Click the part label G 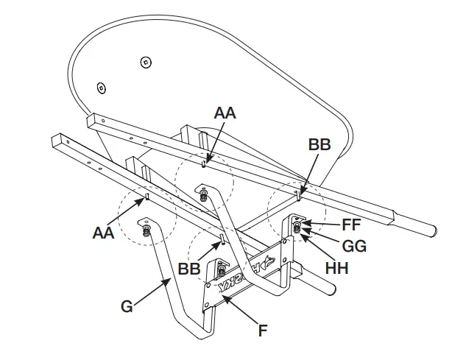127,306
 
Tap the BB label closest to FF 320,144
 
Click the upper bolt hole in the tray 146,61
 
